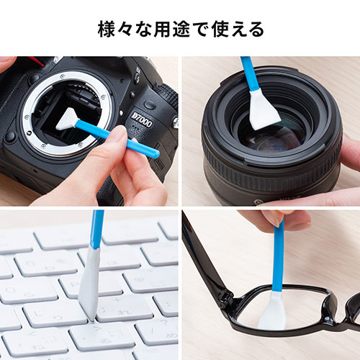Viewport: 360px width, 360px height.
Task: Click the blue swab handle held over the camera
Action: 108,136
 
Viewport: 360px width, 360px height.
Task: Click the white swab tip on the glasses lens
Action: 272,313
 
